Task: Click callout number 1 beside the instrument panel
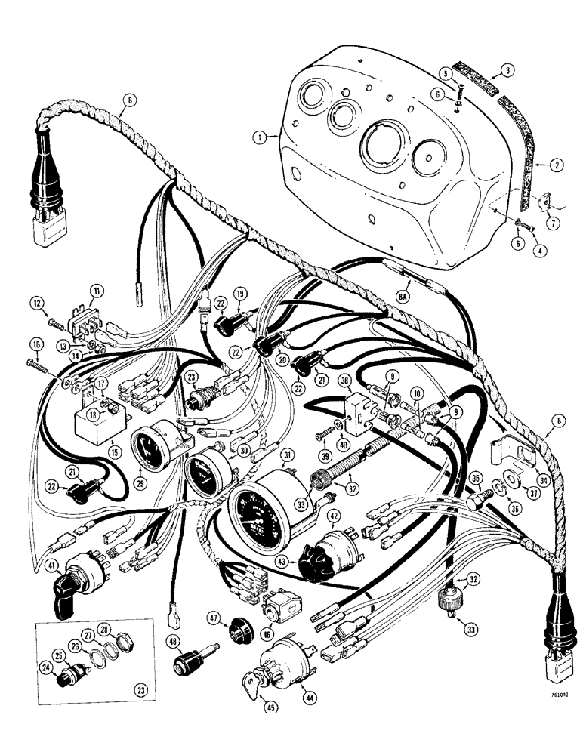[x=258, y=138]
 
